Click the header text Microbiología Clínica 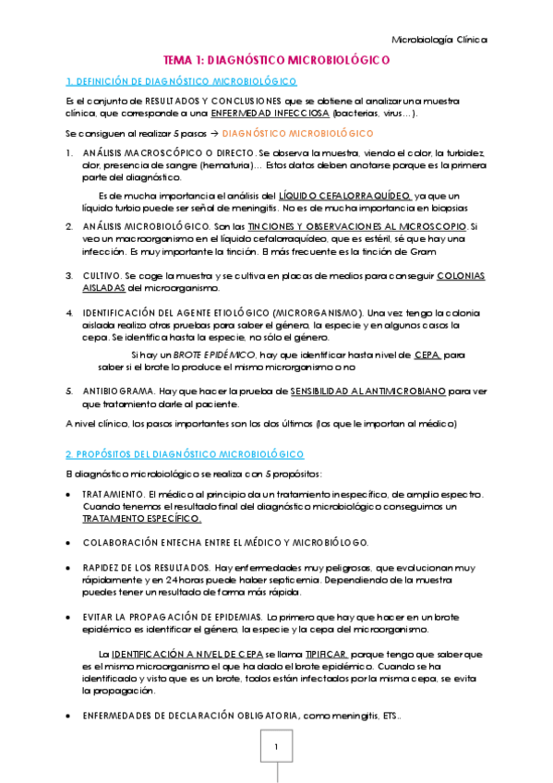[x=439, y=40]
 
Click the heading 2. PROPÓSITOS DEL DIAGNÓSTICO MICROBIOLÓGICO [x=185, y=455]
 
